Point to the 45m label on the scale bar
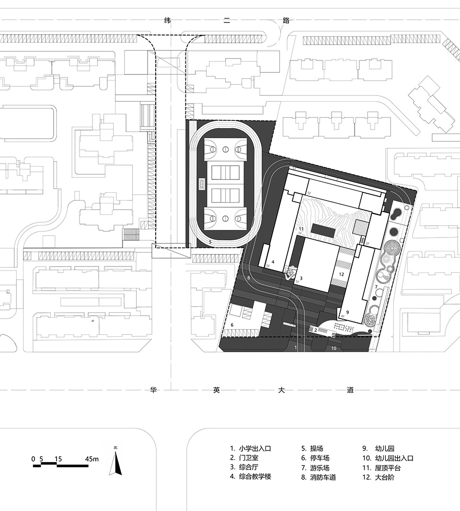[x=92, y=459]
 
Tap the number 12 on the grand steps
[x=341, y=274]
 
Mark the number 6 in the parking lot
[x=232, y=325]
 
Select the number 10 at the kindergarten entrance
[x=333, y=348]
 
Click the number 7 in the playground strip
[x=376, y=287]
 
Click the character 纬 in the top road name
[x=168, y=21]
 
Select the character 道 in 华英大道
[x=350, y=390]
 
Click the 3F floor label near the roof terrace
[x=368, y=244]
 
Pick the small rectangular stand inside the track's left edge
[x=202, y=183]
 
